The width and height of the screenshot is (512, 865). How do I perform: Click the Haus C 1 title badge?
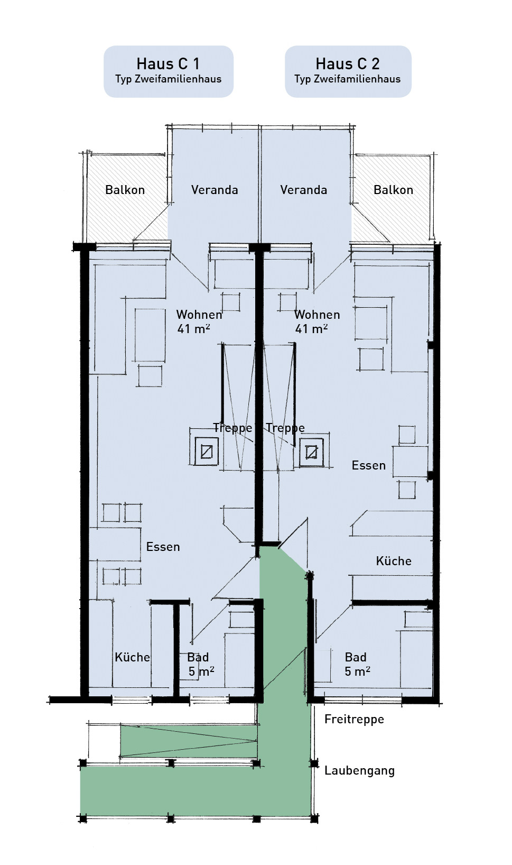(168, 71)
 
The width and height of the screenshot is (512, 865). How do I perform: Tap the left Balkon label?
(125, 190)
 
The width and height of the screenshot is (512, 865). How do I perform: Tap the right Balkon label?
(393, 190)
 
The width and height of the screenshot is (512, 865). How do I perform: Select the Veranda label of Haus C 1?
(215, 190)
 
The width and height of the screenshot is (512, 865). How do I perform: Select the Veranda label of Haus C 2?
(303, 190)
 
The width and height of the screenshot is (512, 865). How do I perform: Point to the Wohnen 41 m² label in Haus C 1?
(199, 321)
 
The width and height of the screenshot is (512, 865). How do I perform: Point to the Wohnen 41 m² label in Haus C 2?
(316, 321)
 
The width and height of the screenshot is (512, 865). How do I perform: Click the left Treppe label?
(232, 428)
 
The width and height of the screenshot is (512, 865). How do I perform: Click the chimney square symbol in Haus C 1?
(207, 452)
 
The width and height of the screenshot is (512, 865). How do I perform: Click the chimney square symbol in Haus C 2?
(311, 452)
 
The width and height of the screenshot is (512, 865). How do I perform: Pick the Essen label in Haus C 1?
(163, 547)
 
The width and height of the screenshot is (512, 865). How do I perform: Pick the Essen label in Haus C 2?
(368, 465)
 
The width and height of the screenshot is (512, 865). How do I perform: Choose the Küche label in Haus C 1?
(132, 657)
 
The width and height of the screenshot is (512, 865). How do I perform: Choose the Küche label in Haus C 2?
(393, 561)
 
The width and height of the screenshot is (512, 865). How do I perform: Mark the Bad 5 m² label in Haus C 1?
(200, 665)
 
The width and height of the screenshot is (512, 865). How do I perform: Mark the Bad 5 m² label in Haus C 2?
(357, 665)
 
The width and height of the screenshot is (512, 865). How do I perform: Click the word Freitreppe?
(354, 719)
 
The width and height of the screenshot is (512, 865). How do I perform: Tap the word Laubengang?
(359, 770)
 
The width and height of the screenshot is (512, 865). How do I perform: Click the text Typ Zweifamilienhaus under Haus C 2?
(348, 79)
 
